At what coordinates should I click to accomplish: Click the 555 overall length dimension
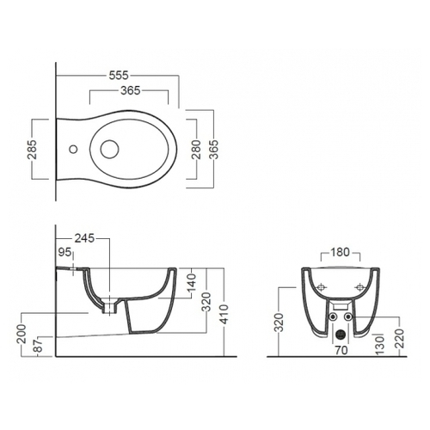(x=119, y=76)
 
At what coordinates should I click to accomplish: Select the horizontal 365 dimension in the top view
(x=131, y=90)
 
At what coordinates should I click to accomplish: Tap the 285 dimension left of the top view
(x=33, y=150)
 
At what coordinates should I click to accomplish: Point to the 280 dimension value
(x=196, y=150)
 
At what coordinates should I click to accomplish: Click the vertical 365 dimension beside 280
(x=214, y=150)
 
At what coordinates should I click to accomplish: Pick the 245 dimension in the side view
(x=84, y=238)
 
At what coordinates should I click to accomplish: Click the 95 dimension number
(x=64, y=252)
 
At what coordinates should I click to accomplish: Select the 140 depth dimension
(x=192, y=283)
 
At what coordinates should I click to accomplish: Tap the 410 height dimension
(x=224, y=315)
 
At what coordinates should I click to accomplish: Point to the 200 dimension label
(x=22, y=334)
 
